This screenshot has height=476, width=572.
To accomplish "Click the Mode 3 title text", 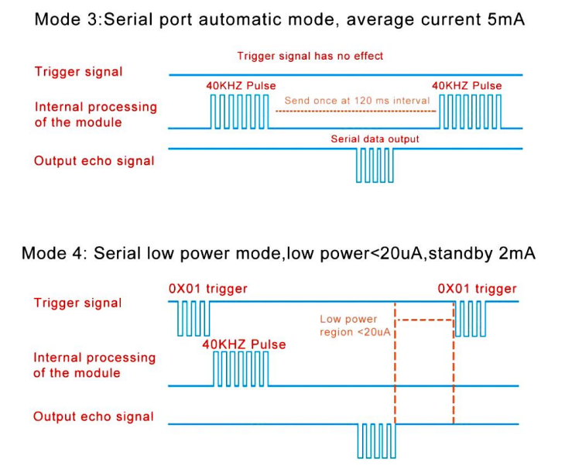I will [x=279, y=19].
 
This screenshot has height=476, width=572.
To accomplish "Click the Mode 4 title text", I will [x=278, y=254].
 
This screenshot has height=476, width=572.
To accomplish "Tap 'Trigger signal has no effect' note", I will [x=310, y=56].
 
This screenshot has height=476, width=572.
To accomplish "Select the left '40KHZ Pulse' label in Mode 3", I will [x=241, y=86].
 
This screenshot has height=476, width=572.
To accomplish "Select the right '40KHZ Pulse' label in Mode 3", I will [x=467, y=86].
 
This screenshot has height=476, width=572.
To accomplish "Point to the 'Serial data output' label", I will [x=375, y=139].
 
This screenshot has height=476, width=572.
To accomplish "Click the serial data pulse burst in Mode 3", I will [x=375, y=165].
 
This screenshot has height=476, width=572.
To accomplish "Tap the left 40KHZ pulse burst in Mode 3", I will [x=240, y=112].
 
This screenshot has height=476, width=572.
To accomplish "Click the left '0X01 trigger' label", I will [x=207, y=289].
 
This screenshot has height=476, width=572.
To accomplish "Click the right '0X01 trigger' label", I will [x=476, y=289].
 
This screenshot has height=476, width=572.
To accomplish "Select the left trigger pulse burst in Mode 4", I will [x=193, y=318].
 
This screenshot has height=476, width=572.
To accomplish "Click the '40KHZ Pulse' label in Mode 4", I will [x=244, y=344].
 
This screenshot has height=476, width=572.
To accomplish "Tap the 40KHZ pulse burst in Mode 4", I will [x=241, y=368].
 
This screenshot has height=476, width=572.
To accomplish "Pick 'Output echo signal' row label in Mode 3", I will [x=94, y=161].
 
